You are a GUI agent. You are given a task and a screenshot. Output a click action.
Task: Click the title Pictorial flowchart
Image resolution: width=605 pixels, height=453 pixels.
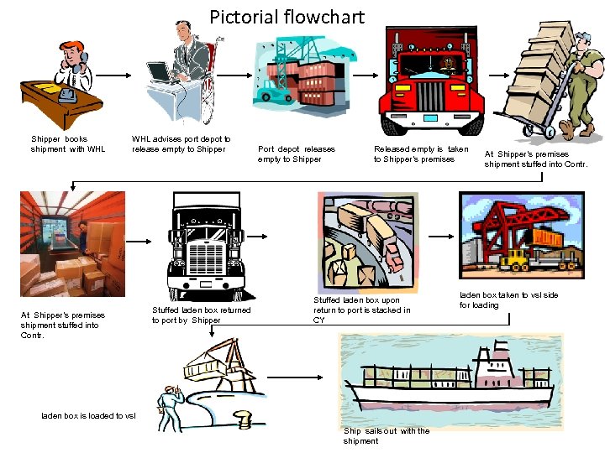pyautogui.click(x=287, y=17)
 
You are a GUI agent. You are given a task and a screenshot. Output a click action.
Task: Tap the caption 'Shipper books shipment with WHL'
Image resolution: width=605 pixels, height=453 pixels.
pyautogui.click(x=68, y=144)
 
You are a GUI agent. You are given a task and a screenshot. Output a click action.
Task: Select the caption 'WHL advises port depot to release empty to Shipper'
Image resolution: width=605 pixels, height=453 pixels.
pyautogui.click(x=181, y=144)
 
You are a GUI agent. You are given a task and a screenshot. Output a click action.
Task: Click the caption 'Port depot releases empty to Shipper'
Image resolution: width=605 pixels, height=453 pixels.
pyautogui.click(x=296, y=154)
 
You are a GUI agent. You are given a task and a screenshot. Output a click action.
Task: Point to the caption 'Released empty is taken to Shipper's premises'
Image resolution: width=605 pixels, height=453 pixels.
pyautogui.click(x=420, y=154)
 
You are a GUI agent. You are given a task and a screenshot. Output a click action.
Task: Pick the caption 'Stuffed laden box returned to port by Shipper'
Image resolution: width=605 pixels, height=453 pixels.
pyautogui.click(x=201, y=315)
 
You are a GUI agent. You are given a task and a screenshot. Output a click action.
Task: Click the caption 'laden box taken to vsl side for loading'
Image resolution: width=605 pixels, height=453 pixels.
pyautogui.click(x=508, y=300)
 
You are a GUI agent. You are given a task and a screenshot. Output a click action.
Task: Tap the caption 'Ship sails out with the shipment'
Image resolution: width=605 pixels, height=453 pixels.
pyautogui.click(x=386, y=436)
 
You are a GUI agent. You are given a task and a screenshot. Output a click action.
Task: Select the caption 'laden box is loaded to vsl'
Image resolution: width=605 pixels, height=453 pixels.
pyautogui.click(x=88, y=416)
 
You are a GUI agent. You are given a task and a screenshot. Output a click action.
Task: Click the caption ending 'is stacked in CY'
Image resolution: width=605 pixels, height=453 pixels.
pyautogui.click(x=361, y=310)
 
